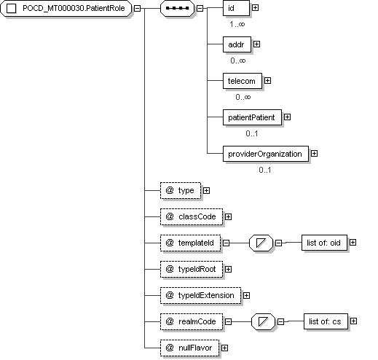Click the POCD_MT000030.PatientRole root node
[x=66, y=8]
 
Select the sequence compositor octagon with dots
[x=178, y=8]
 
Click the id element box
[x=236, y=8]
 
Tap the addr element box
[x=237, y=44]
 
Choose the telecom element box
[x=243, y=81]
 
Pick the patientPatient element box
[x=252, y=117]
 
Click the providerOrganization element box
[x=266, y=154]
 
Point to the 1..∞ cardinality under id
[x=237, y=24]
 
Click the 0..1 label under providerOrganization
[x=265, y=170]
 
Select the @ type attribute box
[x=181, y=190]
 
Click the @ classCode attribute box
[x=192, y=216]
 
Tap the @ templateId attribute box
[x=191, y=243]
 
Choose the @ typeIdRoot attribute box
[x=192, y=269]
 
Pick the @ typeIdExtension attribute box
[x=201, y=295]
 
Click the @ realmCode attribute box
[x=192, y=321]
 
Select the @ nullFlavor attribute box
[x=189, y=348]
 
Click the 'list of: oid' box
[x=324, y=243]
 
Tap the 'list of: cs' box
[x=326, y=321]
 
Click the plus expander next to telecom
[x=267, y=80]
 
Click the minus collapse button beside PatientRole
[x=137, y=8]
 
